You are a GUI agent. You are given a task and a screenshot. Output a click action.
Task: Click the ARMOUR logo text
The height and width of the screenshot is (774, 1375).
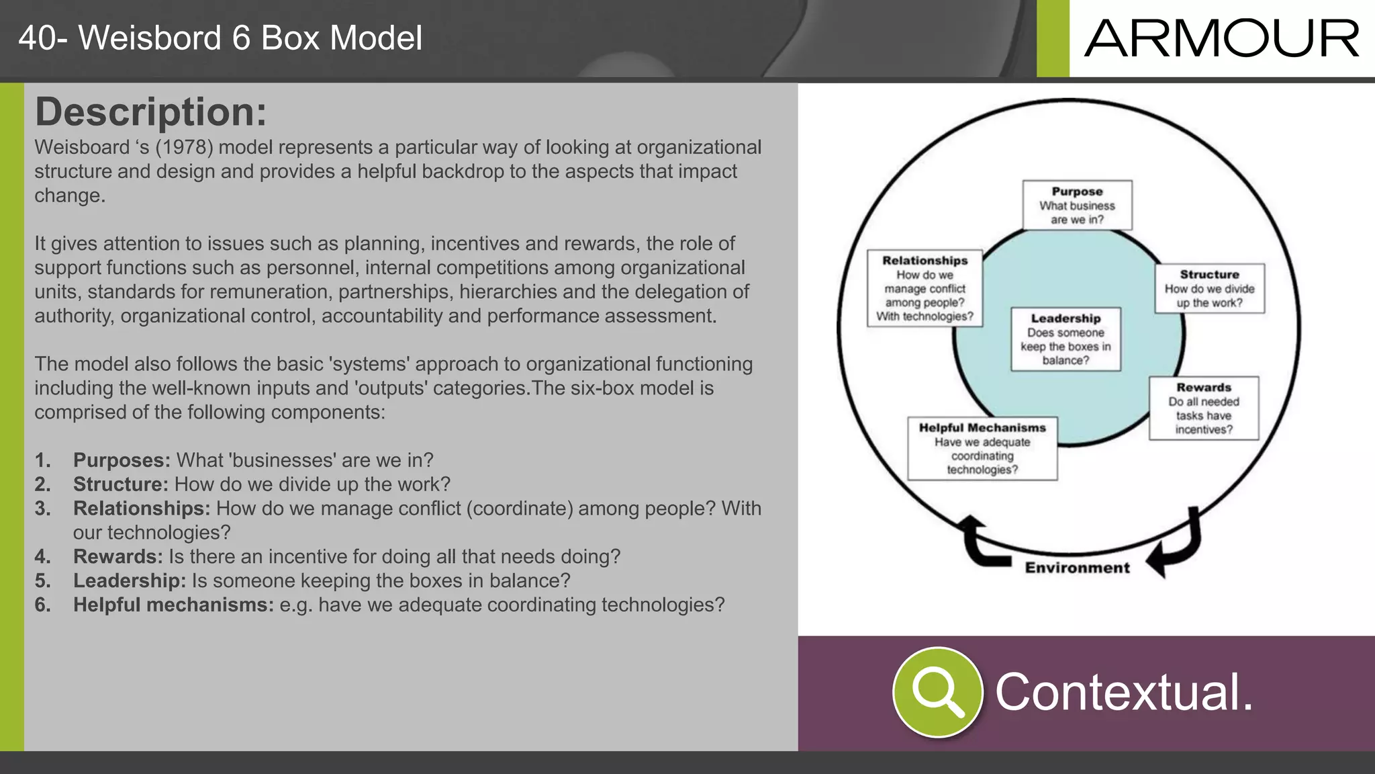(x=1221, y=39)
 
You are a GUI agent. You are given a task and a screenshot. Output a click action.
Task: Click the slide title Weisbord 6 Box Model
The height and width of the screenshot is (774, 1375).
(x=220, y=38)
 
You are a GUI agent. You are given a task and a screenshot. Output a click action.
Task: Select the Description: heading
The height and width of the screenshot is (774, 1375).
(x=150, y=112)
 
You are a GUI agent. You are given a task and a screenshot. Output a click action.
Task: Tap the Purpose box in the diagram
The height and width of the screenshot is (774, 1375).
(x=1077, y=205)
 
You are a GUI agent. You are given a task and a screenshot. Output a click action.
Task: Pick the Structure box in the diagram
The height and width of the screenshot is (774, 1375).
(x=1209, y=288)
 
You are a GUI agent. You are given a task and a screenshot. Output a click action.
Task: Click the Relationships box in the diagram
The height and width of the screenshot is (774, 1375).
(x=924, y=288)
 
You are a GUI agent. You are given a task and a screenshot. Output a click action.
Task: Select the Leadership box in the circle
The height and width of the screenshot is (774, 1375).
(x=1065, y=339)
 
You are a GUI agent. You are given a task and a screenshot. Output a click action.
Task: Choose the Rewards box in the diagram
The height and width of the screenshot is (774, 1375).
(x=1203, y=408)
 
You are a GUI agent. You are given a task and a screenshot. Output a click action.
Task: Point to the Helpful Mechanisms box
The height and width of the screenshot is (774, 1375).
(x=982, y=448)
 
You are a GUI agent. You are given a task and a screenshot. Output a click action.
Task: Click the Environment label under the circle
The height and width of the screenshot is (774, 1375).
(x=1077, y=568)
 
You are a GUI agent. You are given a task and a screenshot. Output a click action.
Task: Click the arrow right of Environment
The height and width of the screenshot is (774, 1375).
(x=1176, y=544)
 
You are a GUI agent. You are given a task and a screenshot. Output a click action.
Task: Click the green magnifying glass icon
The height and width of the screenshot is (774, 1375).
(x=937, y=691)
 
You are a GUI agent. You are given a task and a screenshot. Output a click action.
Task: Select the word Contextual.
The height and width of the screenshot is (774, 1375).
(x=1123, y=692)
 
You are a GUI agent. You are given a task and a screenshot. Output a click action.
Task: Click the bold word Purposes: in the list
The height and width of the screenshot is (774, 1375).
(x=122, y=460)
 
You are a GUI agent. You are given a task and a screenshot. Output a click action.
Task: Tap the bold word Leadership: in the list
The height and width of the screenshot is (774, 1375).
(x=129, y=580)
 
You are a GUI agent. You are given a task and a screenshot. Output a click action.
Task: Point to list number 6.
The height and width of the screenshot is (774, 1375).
(x=42, y=605)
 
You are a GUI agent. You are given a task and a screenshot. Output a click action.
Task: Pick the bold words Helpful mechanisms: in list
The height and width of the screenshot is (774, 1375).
(x=173, y=605)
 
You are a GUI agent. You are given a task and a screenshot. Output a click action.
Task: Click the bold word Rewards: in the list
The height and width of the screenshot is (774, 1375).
(x=117, y=556)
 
